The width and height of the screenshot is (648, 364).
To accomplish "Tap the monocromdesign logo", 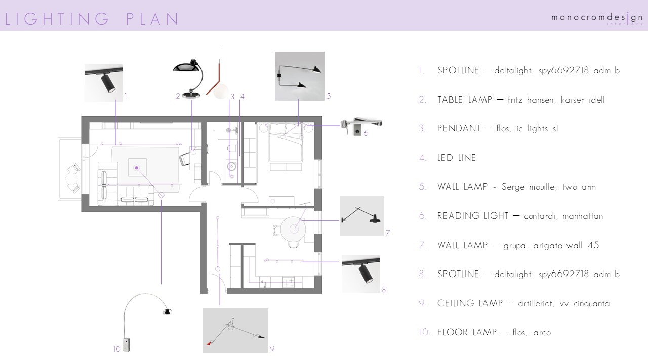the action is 597,18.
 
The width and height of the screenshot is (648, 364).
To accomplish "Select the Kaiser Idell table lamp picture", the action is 188,78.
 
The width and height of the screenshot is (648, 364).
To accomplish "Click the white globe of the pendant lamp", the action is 221,90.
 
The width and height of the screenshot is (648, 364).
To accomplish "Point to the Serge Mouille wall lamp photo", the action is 299,76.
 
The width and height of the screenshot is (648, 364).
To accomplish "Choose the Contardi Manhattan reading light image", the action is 361,126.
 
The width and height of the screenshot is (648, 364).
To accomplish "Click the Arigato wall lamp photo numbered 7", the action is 361,216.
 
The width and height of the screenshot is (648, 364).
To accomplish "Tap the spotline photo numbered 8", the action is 361,274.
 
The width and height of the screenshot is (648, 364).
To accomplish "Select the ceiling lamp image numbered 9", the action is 235,331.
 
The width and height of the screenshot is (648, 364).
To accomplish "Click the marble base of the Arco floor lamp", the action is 126,345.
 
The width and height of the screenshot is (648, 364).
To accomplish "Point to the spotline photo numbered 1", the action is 103,83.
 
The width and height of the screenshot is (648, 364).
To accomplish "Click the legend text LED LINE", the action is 457,158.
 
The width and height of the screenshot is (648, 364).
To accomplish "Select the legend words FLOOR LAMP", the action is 467,332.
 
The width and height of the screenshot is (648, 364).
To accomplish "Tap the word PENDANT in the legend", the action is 459,128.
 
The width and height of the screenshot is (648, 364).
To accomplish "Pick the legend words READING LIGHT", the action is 473,216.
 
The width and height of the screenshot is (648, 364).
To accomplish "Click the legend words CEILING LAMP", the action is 470,303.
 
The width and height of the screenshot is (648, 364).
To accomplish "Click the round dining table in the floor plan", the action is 293,229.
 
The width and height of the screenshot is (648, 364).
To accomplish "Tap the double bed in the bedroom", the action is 286,142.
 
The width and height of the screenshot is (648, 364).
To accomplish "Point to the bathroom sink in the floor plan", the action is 232,166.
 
